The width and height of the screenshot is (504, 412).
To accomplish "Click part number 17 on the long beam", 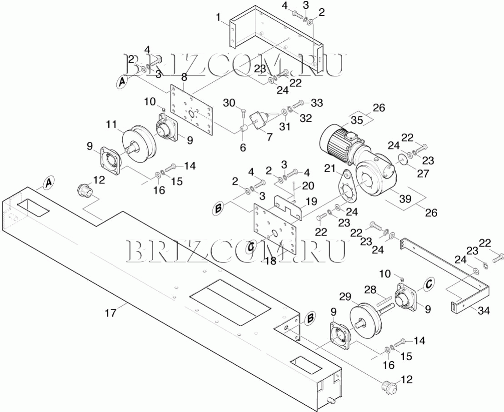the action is coord(110,313).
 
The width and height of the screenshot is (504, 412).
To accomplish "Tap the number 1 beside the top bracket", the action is coord(219,17).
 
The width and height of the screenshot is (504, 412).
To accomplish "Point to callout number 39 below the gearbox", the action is coord(405,199).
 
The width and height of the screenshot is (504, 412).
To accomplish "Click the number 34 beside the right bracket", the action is coord(484,310).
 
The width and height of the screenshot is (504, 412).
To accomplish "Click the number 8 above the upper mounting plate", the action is coord(184,77).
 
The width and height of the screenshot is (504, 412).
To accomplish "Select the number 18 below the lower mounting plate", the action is coord(271,261).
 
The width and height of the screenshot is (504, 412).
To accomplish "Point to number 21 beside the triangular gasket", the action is coord(329,168).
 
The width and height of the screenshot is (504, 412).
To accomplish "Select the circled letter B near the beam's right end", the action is coord(310,318).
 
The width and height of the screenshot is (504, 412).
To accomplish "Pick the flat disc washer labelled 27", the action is coord(401,159).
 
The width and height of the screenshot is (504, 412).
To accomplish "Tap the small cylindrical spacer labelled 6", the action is coord(243,129).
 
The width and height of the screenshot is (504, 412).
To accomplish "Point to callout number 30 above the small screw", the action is coord(229,103).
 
